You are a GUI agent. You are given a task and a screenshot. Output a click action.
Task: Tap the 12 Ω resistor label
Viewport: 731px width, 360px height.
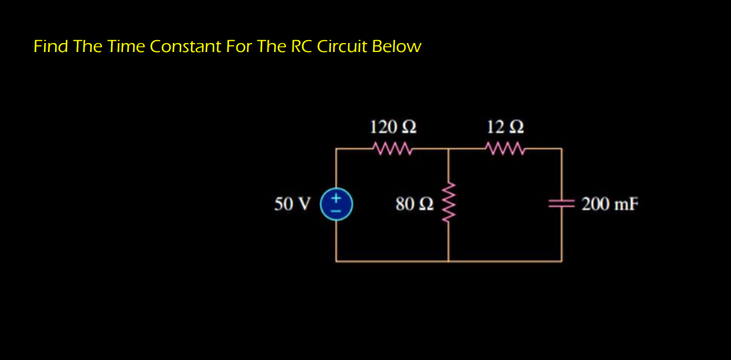[505, 127]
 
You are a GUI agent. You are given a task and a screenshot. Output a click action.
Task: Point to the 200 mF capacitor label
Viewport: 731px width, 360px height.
[609, 204]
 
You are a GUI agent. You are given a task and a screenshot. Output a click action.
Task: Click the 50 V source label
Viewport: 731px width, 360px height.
[292, 204]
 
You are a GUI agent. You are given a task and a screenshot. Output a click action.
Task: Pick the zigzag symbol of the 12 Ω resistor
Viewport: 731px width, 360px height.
[505, 147]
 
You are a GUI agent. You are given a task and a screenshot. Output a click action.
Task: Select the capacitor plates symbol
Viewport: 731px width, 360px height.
[561, 204]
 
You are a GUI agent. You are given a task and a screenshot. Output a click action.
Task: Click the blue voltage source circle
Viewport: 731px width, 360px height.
[337, 204]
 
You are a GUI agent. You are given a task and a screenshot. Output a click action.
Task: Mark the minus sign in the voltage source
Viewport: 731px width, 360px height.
[337, 211]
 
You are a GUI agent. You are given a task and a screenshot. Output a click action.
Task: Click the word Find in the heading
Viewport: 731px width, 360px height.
[50, 46]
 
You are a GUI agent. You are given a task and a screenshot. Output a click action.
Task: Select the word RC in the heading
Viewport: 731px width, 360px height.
[301, 46]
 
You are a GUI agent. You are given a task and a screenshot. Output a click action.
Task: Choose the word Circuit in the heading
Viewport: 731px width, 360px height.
[342, 46]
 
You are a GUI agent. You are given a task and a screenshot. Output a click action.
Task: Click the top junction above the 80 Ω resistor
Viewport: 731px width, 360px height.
[448, 148]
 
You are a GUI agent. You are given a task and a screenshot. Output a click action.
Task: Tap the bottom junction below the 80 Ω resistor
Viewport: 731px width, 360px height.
[448, 261]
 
